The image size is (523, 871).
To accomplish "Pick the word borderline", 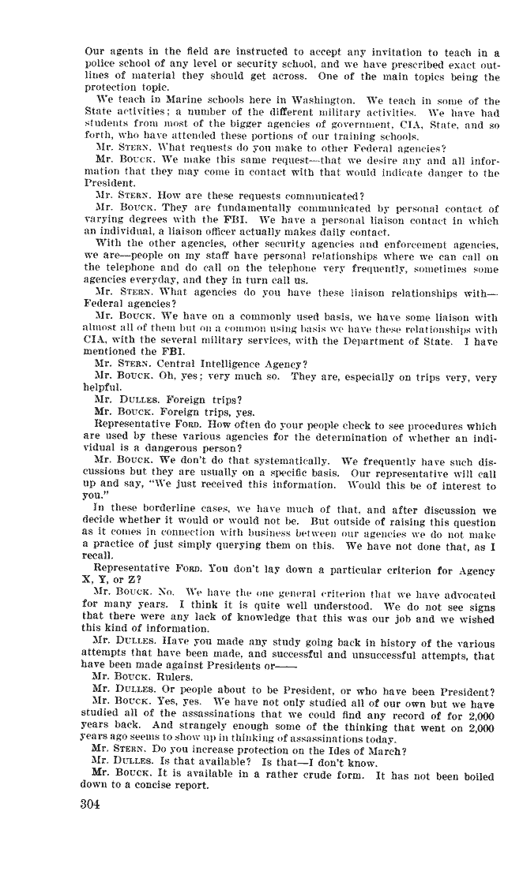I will point(152,508).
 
